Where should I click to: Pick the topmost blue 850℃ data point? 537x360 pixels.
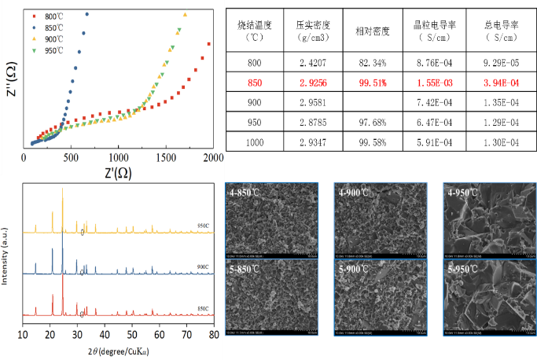pyautogui.click(x=86, y=14)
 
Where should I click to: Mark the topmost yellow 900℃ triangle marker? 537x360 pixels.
pyautogui.click(x=185, y=15)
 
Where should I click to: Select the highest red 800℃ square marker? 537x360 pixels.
pyautogui.click(x=209, y=44)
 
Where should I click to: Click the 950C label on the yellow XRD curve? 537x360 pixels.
pyautogui.click(x=202, y=226)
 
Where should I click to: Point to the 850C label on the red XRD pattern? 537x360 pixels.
pyautogui.click(x=202, y=309)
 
